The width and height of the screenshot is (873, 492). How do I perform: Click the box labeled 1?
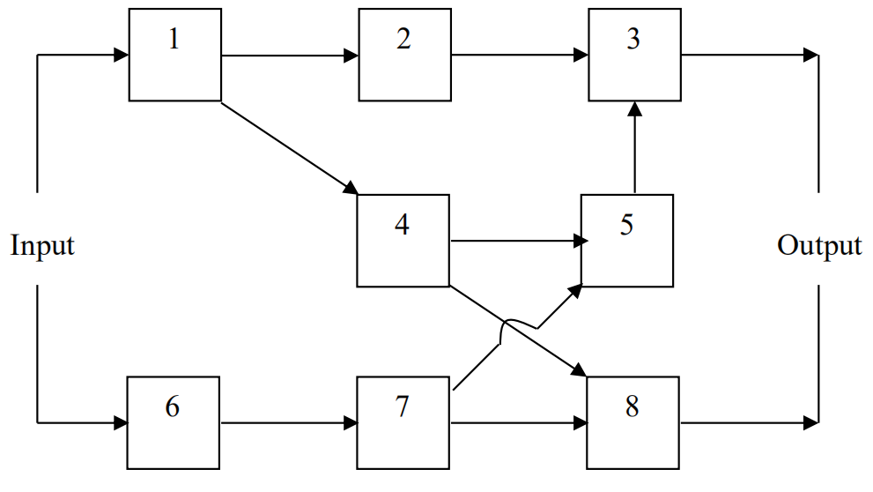click(x=174, y=55)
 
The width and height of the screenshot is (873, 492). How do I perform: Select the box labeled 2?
click(x=403, y=55)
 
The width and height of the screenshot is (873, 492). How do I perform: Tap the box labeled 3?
click(x=633, y=55)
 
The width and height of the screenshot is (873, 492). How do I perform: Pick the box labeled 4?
click(x=403, y=240)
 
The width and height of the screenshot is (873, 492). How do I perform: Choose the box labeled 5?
click(x=626, y=240)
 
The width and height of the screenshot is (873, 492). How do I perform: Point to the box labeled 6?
click(x=174, y=422)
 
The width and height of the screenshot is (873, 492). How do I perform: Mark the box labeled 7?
click(x=403, y=422)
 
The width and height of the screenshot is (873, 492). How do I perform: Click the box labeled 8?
click(x=633, y=422)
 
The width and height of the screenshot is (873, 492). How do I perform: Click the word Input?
click(x=42, y=246)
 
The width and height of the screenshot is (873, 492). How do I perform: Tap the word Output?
click(x=819, y=246)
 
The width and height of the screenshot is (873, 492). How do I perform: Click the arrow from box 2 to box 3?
click(x=518, y=56)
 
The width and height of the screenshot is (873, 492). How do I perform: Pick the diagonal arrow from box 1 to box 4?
click(x=289, y=148)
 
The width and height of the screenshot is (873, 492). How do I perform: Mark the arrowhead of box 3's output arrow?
click(x=811, y=56)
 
